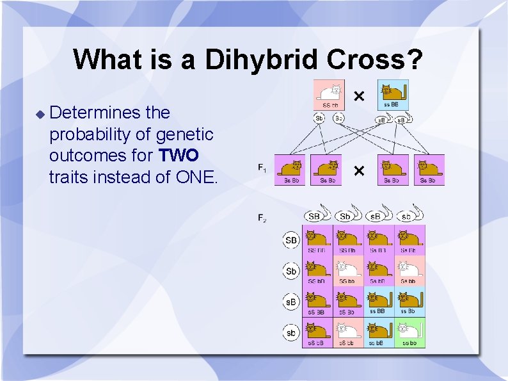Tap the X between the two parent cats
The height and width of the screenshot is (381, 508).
pos(360,96)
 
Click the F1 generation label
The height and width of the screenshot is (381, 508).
pos(262,168)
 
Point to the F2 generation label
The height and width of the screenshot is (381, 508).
pos(262,218)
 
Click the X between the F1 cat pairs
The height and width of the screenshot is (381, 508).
pos(360,170)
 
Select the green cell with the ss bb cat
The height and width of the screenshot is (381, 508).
pos(409,332)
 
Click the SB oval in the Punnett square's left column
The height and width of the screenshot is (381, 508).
pos(291,241)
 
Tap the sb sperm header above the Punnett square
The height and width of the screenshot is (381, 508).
pos(407,216)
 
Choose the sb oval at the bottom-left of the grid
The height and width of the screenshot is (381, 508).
pos(291,333)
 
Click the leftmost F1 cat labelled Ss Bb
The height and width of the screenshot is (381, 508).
pos(292,170)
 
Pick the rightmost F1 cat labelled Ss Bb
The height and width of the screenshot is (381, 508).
pos(429,170)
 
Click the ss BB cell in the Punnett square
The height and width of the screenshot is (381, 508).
pos(379,302)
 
